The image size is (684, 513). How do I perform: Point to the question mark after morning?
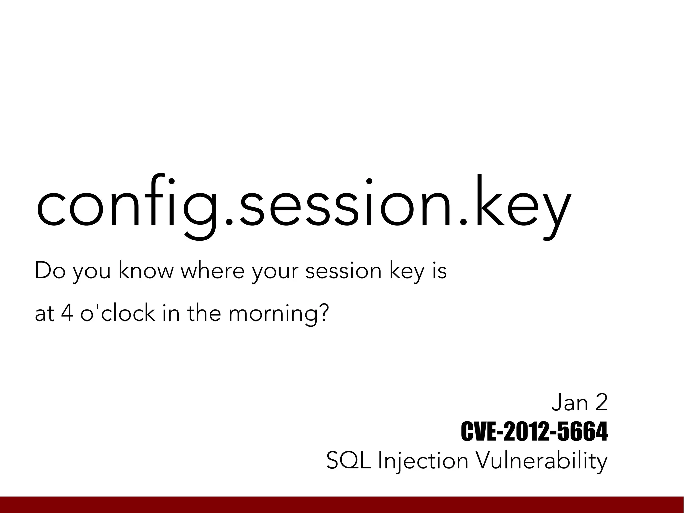click(323, 313)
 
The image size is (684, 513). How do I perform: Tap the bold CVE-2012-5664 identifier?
click(534, 431)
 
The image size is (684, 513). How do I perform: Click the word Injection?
click(422, 460)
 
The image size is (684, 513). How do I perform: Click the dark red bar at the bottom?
click(342, 505)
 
